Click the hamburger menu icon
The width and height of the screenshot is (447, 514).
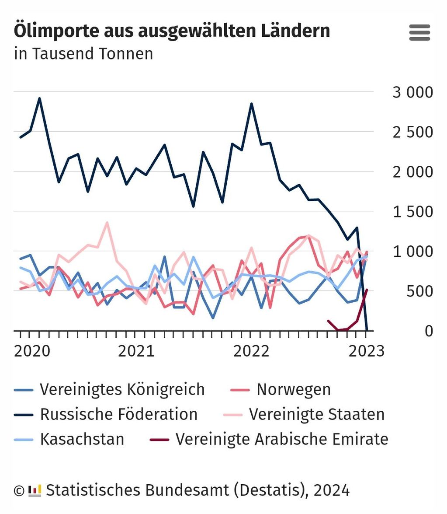pyautogui.click(x=419, y=33)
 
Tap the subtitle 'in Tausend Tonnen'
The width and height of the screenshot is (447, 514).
pyautogui.click(x=83, y=54)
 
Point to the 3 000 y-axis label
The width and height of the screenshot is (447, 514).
pyautogui.click(x=412, y=92)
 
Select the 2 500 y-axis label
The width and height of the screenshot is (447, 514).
pyautogui.click(x=412, y=132)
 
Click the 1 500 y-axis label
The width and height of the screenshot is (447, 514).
pyautogui.click(x=412, y=212)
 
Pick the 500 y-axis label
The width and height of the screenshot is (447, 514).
pyautogui.click(x=419, y=291)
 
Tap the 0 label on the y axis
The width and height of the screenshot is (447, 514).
pyautogui.click(x=428, y=331)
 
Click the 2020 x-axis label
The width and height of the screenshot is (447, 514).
pyautogui.click(x=32, y=351)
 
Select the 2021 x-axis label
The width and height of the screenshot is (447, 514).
pyautogui.click(x=136, y=351)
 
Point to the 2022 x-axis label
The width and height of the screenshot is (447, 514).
pyautogui.click(x=251, y=351)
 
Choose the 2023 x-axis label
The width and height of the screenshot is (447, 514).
pyautogui.click(x=366, y=351)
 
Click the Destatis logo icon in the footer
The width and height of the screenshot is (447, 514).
pyautogui.click(x=35, y=490)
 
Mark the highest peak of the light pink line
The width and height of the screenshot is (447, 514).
pyautogui.click(x=107, y=223)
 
